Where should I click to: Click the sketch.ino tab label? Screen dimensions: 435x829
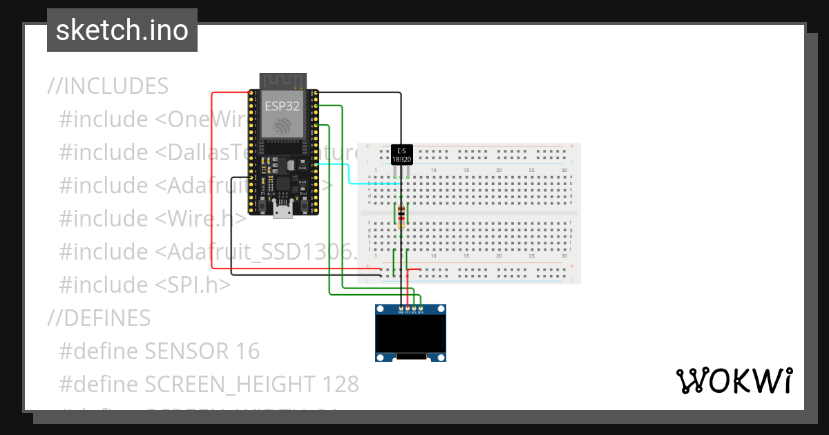[122, 30]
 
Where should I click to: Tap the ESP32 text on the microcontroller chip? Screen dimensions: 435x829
[282, 106]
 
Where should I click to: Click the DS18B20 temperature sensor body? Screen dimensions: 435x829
[401, 154]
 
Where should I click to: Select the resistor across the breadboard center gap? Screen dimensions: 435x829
[401, 215]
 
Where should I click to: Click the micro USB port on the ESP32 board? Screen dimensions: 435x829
[283, 210]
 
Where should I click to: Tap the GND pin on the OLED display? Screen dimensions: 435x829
[401, 307]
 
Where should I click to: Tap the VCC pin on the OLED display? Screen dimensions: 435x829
[408, 307]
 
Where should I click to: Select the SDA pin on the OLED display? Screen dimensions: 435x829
[421, 307]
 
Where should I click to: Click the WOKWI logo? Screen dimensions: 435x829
[734, 381]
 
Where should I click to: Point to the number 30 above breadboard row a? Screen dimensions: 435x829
[564, 170]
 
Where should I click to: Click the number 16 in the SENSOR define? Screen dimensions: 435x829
[247, 351]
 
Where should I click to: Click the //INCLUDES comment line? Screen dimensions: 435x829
[108, 86]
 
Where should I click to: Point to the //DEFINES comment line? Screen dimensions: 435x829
[99, 318]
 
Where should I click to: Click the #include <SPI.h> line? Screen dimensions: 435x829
[145, 284]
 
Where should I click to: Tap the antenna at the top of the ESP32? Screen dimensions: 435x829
[282, 81]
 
